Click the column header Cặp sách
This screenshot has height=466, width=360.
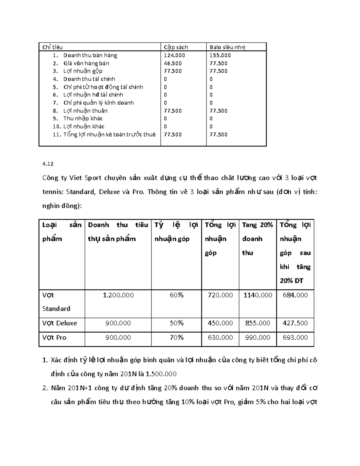point(176,47)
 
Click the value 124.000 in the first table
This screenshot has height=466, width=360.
point(174,55)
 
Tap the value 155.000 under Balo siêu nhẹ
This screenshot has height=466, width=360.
point(220,55)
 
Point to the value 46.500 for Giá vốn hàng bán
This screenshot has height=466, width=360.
point(172,63)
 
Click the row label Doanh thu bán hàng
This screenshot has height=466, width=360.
point(90,55)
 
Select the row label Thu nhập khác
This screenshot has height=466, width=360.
point(83,118)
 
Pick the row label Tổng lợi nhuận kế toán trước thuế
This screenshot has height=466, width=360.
point(109,134)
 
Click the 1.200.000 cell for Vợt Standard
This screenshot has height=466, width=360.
point(118,295)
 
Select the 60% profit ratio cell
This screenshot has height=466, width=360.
point(176,295)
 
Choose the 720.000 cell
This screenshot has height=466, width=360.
point(220,295)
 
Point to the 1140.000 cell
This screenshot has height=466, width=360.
point(258,295)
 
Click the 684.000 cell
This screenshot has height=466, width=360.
point(295,295)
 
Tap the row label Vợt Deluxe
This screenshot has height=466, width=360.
point(59,323)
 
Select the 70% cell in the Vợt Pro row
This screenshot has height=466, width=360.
point(176,338)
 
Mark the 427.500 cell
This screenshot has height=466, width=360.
point(295,323)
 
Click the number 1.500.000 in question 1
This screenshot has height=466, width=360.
point(161,374)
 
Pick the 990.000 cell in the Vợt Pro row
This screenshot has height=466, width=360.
point(258,338)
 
